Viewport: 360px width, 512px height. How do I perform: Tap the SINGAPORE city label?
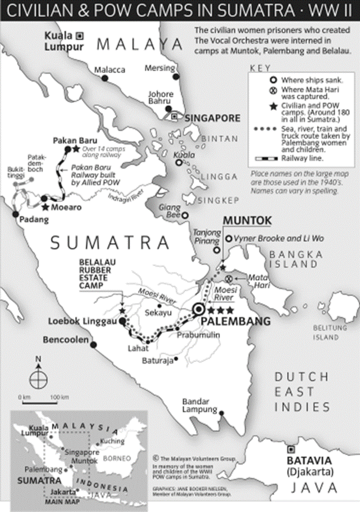212,118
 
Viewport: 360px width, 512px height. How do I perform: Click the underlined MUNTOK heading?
246,221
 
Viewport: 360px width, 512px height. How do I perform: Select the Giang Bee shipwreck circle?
184,215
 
